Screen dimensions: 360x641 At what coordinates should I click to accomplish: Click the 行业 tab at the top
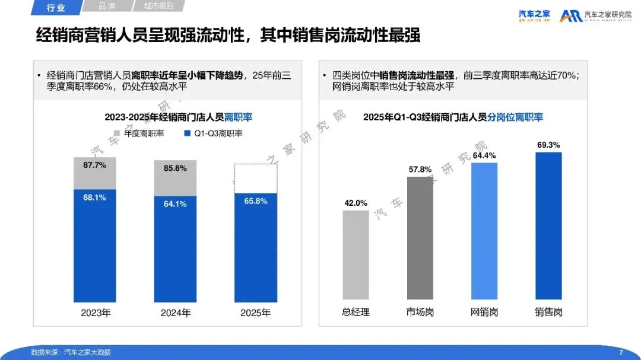pos(56,7)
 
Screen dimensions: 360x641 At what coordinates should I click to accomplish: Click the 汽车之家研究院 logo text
pos(608,15)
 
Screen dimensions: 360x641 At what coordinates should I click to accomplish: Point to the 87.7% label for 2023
pos(94,165)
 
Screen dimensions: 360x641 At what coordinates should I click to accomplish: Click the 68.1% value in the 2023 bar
pos(94,197)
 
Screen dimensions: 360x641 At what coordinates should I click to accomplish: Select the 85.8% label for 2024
pos(175,168)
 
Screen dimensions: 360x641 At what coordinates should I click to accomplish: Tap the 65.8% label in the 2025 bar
pos(256,201)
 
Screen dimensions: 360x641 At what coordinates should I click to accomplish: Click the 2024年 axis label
pos(176,313)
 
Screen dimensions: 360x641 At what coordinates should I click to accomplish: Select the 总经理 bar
pos(356,254)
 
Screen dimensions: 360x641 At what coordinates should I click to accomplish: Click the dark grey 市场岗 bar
pos(420,238)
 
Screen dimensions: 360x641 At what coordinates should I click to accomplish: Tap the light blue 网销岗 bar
pos(484,231)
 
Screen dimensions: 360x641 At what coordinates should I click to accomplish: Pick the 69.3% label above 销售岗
pos(548,145)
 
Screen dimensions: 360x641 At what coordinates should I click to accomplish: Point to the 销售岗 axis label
pos(548,312)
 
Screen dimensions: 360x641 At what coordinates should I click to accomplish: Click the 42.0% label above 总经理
pos(356,202)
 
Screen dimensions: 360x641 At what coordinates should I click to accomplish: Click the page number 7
pos(621,352)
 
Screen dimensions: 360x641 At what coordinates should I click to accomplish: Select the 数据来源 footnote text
pos(71,352)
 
